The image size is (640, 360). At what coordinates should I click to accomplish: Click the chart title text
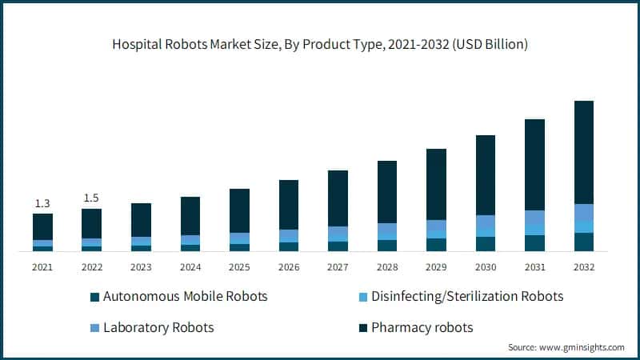(x=320, y=45)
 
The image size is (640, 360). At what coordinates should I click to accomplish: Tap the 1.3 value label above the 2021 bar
(x=42, y=203)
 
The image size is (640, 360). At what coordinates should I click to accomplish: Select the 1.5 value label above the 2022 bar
(x=91, y=198)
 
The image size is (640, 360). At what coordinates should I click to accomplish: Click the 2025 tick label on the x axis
(x=239, y=267)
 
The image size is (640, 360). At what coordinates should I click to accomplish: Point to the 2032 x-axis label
(x=583, y=267)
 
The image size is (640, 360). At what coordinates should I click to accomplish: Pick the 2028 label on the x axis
(x=386, y=267)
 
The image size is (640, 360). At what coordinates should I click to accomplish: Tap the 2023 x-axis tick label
(x=141, y=267)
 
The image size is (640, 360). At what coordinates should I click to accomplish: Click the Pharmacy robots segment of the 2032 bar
(x=583, y=152)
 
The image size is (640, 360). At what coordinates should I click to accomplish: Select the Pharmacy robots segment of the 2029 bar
(x=436, y=184)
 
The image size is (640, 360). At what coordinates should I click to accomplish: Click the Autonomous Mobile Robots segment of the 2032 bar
(x=583, y=242)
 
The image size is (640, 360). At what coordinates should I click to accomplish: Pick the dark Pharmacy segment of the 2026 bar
(x=288, y=205)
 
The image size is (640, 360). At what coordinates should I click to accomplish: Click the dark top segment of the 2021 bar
(x=42, y=226)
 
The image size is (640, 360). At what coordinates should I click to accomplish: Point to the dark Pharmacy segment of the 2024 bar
(x=190, y=216)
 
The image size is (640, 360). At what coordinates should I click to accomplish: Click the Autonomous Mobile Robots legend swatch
(x=94, y=297)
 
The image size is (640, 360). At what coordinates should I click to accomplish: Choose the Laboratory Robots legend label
(x=159, y=327)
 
